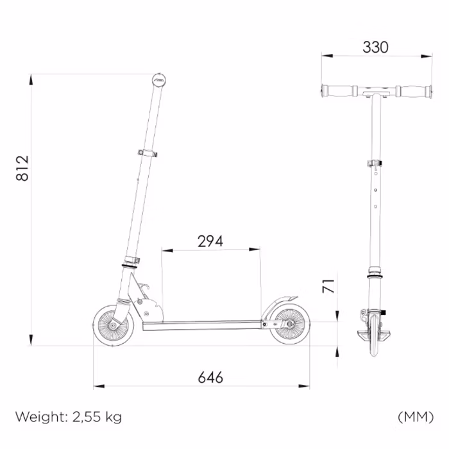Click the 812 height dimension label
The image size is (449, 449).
point(22,168)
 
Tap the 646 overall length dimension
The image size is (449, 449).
point(210,377)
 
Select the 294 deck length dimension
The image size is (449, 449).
point(210,241)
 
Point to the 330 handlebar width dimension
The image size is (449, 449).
point(375,47)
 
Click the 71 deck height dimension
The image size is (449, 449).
point(328,286)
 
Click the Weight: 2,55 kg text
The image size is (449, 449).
point(69,417)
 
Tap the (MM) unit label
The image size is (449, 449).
point(416,417)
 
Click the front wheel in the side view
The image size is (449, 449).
point(114,326)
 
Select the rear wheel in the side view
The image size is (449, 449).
point(290,324)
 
